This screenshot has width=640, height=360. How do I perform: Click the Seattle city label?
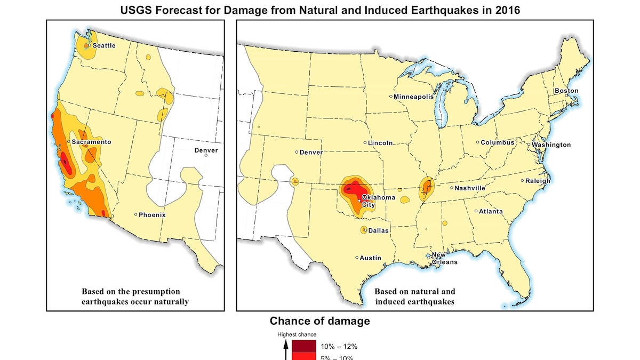coord(104,46)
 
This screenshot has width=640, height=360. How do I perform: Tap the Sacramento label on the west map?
coord(91,142)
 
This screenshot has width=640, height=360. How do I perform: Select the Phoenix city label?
coord(152,215)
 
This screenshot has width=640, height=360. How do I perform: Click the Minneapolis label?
coord(414,97)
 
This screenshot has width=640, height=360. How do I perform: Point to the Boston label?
coord(566,91)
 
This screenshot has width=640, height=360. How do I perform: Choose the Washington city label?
coord(551,145)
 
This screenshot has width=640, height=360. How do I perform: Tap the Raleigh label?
coord(538,181)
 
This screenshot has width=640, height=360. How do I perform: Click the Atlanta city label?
coord(491,212)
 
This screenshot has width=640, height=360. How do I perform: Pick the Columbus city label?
coord(498,143)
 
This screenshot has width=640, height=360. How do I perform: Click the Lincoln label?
coord(381,143)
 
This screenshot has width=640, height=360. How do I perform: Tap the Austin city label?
coord(371,258)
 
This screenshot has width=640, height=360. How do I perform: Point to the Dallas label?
coord(379,231)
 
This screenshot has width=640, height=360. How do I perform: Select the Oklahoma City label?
coord(379,201)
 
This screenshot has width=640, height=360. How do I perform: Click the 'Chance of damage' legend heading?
coord(319,321)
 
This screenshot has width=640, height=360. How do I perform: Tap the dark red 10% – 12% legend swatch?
coord(304,347)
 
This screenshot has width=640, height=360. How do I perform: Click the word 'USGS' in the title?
coord(137,10)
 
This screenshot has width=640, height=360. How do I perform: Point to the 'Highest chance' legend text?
coord(297,334)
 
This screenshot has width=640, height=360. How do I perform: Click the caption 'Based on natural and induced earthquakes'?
coord(414,297)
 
